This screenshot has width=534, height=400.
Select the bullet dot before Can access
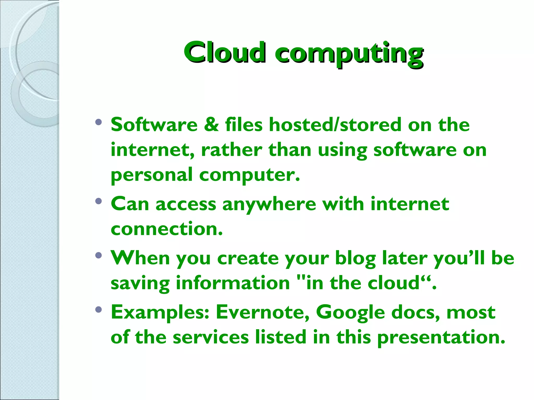click(x=98, y=201)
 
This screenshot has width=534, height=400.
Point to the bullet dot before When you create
click(x=98, y=255)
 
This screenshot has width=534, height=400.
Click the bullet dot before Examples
click(x=98, y=309)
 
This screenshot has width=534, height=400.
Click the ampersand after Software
click(x=211, y=124)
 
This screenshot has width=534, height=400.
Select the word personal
click(x=151, y=175)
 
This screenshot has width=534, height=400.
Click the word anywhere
click(x=269, y=204)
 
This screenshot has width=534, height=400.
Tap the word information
click(x=233, y=283)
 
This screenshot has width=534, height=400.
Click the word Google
click(x=350, y=312)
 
